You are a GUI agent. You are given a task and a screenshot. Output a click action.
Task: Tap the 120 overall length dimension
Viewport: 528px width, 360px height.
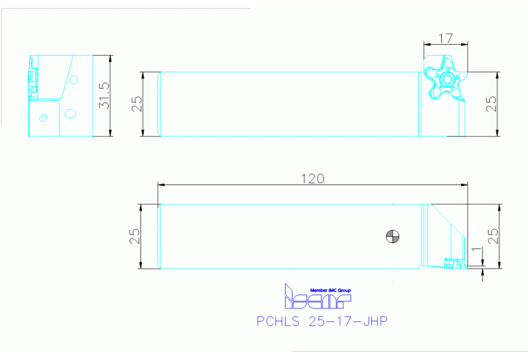(313, 178)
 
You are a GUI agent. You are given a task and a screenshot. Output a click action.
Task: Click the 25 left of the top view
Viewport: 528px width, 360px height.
(136, 104)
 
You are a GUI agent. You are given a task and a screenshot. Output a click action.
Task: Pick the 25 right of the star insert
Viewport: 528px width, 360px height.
(491, 104)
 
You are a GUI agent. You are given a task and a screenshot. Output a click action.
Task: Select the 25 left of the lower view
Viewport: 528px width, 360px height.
(136, 236)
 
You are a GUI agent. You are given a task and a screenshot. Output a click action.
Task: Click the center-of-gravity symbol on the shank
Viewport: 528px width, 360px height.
(392, 236)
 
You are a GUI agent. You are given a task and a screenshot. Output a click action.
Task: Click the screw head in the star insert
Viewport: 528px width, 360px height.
(444, 81)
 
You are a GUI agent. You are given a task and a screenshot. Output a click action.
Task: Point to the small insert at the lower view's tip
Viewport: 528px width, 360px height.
(452, 262)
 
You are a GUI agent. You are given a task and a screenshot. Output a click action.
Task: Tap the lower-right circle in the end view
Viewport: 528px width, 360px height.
(70, 112)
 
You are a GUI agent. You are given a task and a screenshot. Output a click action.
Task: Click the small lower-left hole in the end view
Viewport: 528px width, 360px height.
(43, 117)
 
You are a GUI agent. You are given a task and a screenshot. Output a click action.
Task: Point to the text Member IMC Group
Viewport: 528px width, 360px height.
(330, 290)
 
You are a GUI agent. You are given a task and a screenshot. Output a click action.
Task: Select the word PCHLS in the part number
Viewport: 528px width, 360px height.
(277, 321)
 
